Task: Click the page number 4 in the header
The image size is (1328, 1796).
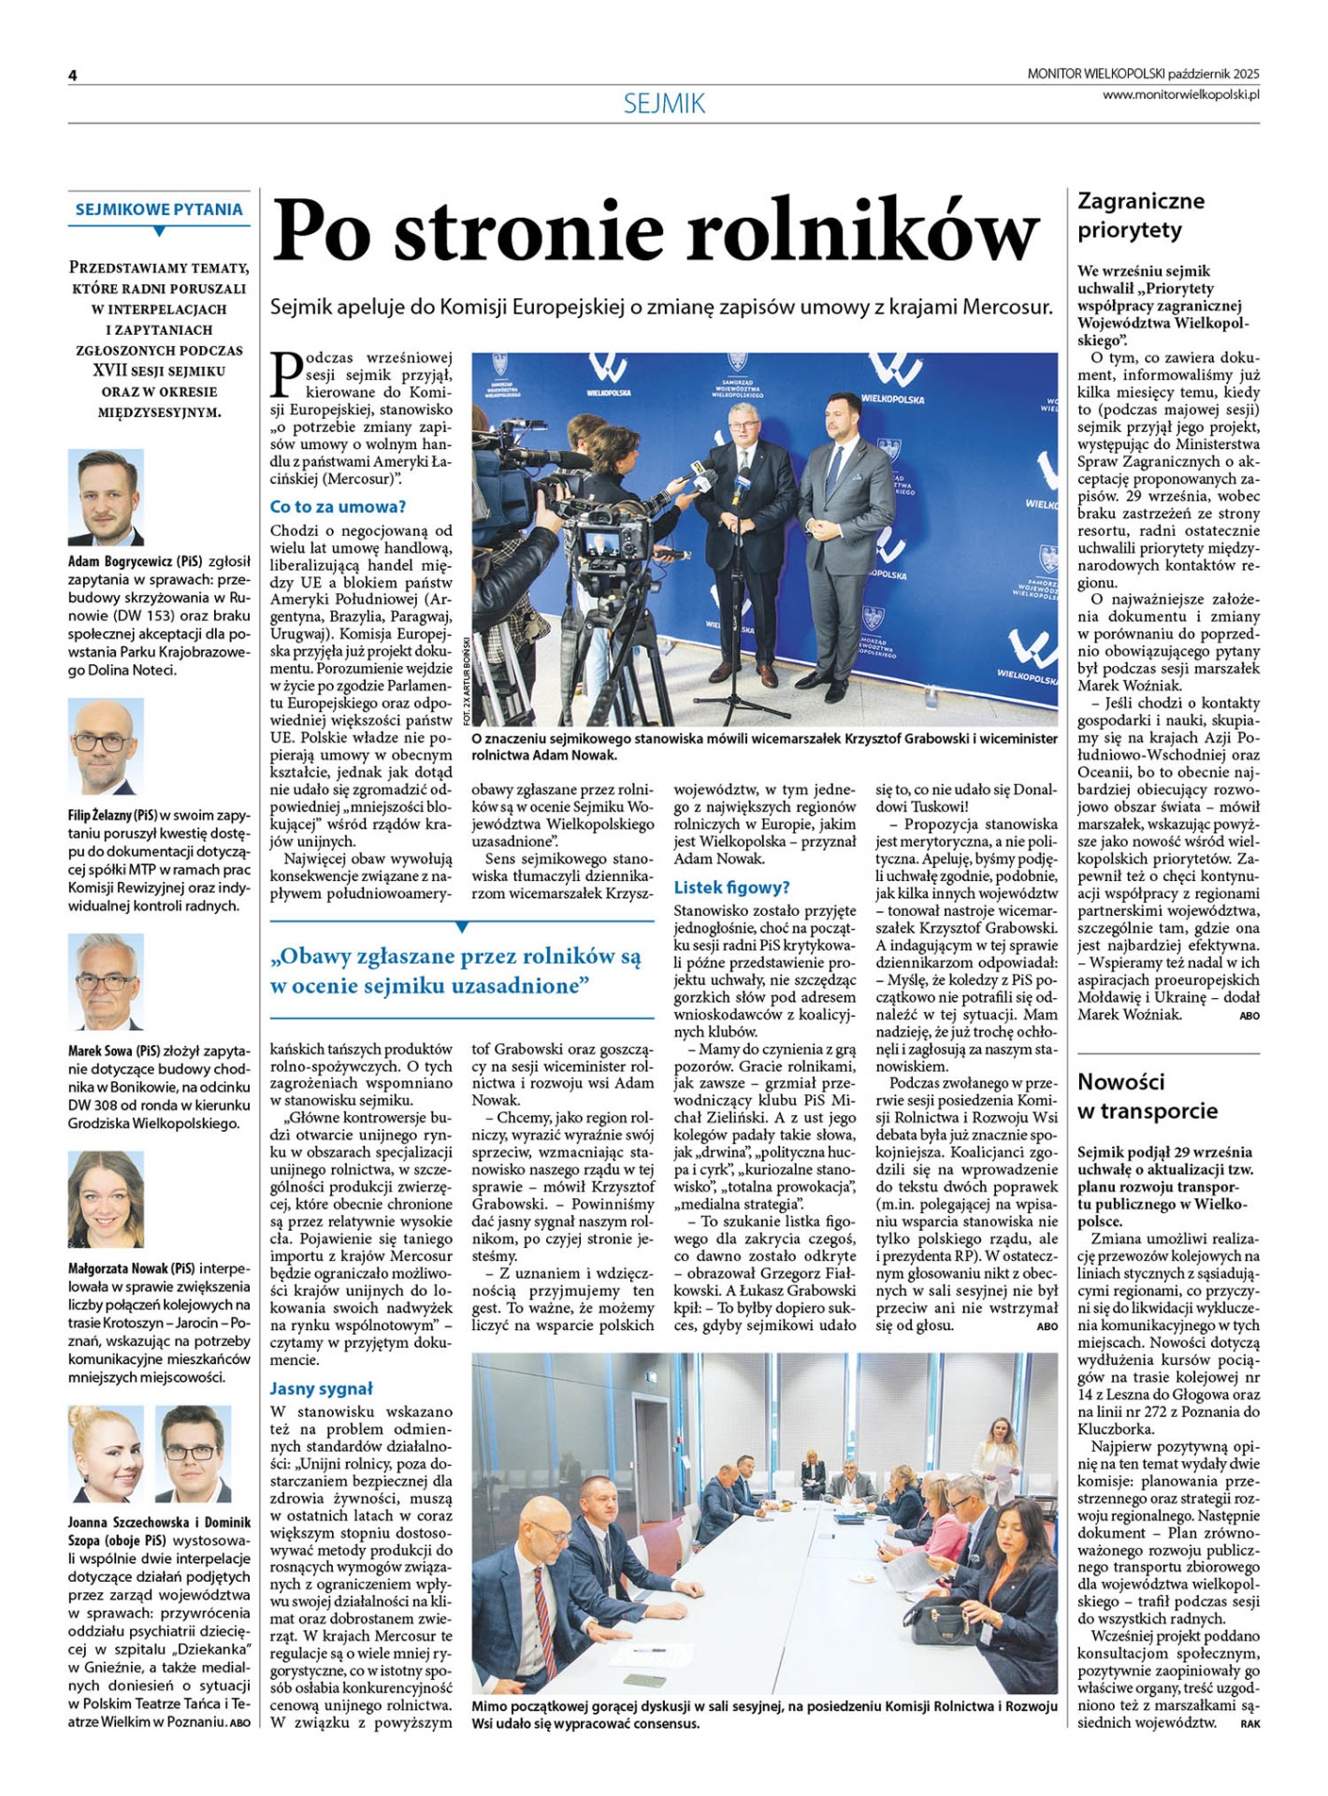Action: [72, 76]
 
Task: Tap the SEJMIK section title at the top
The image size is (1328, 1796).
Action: [664, 104]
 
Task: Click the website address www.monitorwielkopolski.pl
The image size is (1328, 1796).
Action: [1180, 94]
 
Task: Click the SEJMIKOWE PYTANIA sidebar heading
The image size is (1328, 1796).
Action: [159, 210]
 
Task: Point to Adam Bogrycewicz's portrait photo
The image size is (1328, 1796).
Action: [106, 497]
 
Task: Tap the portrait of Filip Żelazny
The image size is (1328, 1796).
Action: [106, 746]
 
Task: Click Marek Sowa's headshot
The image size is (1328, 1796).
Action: [106, 981]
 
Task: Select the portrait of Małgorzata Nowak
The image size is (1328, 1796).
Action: [106, 1199]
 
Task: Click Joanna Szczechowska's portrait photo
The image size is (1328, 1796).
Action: [106, 1453]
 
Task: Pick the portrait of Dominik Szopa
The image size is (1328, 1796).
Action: [193, 1453]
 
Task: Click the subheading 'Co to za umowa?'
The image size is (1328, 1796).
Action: [338, 507]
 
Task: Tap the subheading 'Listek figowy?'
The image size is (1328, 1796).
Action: [731, 887]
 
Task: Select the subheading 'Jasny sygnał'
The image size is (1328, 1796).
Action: [321, 1388]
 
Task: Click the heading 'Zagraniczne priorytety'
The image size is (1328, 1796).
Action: [1141, 215]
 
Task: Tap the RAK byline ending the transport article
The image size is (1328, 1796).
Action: [1249, 1723]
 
